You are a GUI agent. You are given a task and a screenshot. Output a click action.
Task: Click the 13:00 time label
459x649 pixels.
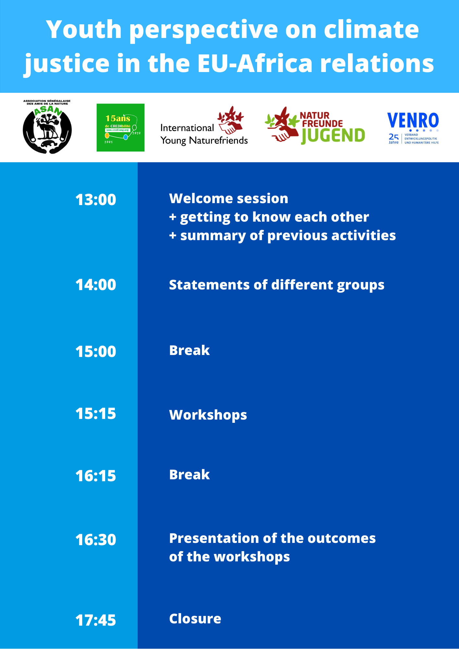[x=96, y=200]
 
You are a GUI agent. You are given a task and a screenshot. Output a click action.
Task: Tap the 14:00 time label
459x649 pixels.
[x=96, y=285]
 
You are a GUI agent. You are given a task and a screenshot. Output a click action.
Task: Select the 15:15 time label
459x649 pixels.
[x=96, y=413]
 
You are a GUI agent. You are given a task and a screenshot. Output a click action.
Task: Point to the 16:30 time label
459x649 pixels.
[x=96, y=540]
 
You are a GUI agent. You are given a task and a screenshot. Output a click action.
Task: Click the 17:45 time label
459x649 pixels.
[x=96, y=620]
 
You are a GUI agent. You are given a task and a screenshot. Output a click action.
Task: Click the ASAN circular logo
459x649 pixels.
[x=47, y=127]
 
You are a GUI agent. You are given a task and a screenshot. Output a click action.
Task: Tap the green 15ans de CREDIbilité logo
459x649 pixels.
[x=120, y=128]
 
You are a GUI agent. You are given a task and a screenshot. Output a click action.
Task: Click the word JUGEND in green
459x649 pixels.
[x=333, y=136]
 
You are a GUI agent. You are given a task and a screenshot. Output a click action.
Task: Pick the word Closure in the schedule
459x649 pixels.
[x=195, y=618]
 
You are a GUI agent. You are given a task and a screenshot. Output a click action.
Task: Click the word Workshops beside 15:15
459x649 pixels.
[x=208, y=415]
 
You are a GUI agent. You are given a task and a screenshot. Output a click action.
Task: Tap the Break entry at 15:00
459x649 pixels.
[x=190, y=350]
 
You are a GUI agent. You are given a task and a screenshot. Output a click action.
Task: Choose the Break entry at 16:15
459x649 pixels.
[x=190, y=474]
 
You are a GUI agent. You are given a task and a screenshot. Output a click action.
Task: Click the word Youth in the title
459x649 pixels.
[x=84, y=29]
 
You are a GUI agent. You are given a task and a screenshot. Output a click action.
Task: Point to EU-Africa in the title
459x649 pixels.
[x=255, y=63]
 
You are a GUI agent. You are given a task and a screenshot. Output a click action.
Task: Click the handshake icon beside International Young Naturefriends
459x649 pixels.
[x=230, y=120]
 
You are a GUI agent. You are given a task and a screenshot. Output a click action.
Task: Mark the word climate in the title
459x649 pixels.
[x=371, y=29]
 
